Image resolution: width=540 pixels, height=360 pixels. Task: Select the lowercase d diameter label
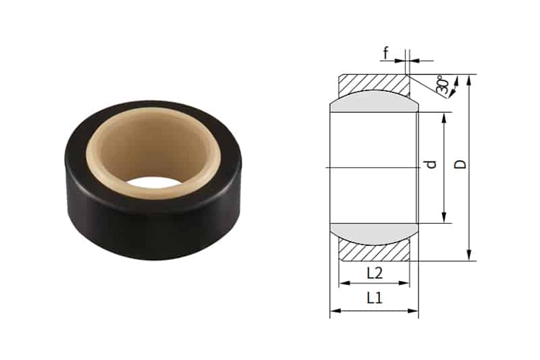pyautogui.click(x=433, y=164)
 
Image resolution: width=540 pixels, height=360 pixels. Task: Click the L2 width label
pyautogui.click(x=375, y=273)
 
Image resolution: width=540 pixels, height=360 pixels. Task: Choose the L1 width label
pyautogui.click(x=375, y=298)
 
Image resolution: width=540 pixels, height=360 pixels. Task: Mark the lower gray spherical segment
pyautogui.click(x=374, y=233)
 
